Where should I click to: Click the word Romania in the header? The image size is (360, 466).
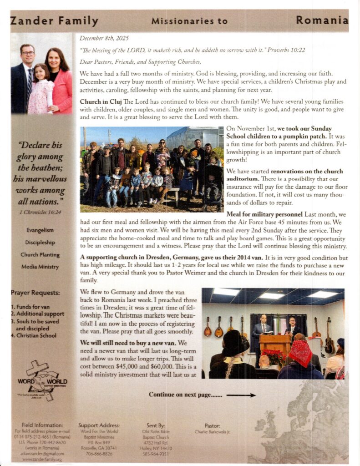322,20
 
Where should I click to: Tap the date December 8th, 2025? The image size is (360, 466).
98,38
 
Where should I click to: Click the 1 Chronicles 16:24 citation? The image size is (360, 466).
40,212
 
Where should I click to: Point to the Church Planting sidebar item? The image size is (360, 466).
40,255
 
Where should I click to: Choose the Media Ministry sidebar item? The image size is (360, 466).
40,267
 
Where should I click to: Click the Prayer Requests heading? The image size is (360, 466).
35,293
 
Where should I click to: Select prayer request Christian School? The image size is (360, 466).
36,335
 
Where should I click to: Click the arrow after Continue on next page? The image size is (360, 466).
241,395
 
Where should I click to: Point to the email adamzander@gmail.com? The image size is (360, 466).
40,454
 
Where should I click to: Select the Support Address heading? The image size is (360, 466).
99,425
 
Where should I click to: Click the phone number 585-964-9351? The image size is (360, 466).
156,454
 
